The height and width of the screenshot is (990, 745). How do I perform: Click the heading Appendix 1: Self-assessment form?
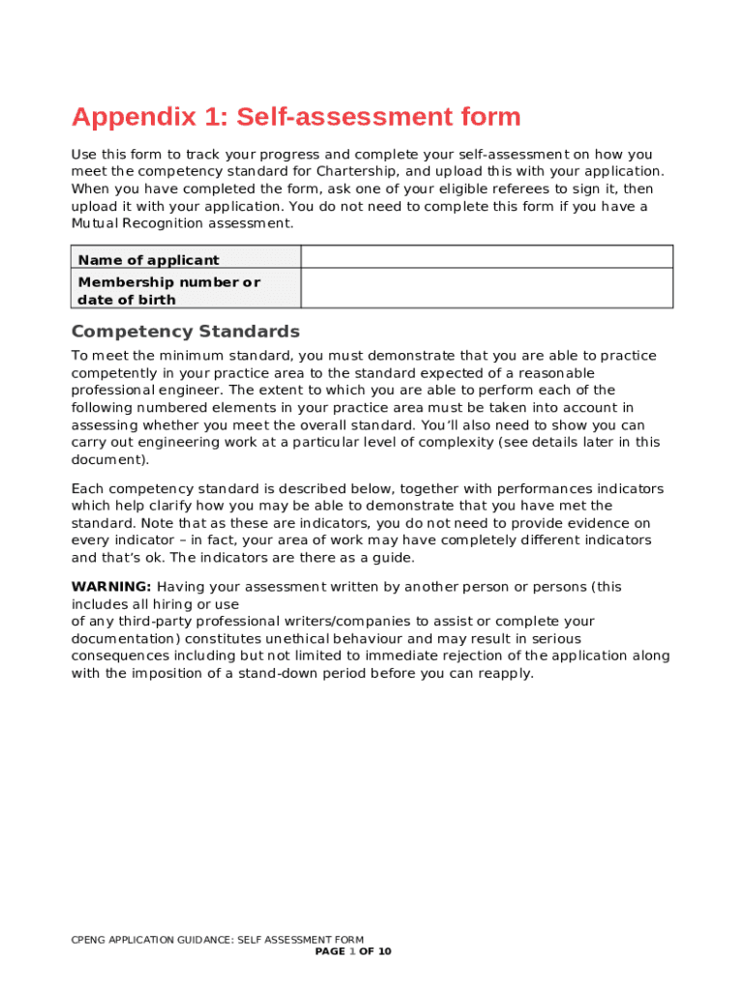point(296,118)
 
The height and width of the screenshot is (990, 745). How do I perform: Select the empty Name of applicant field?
point(487,257)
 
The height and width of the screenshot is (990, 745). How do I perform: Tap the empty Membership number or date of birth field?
point(487,288)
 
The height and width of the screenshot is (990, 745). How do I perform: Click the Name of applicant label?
point(148,260)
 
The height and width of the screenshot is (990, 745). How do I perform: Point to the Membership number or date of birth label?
point(168,291)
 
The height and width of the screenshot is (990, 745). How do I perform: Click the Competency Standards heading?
point(186,332)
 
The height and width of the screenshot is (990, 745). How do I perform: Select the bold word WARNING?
point(111,587)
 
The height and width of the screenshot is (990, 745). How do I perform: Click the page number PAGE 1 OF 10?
point(353,951)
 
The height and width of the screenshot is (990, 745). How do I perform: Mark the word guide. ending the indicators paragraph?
point(392,558)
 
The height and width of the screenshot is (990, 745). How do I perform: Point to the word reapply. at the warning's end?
point(503,674)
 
